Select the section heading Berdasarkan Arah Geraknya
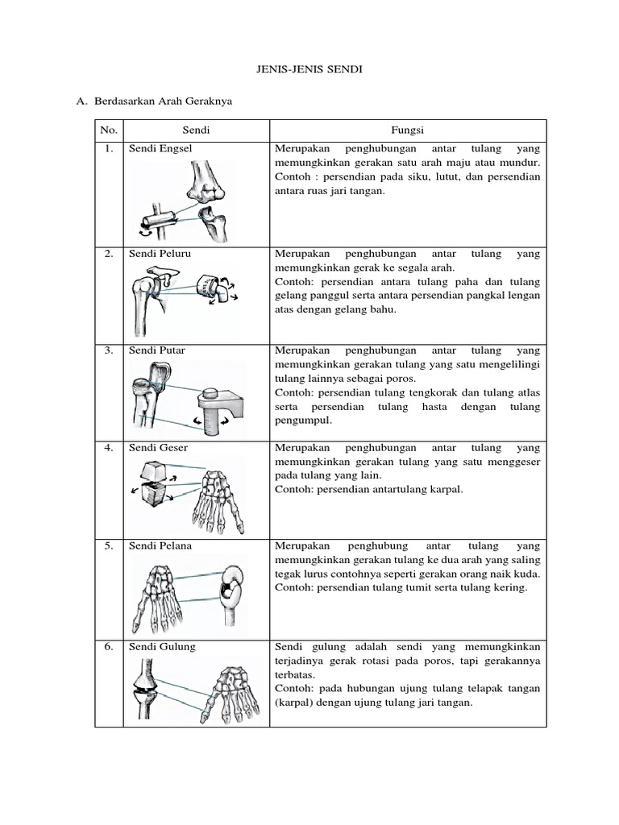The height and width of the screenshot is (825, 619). pos(163,102)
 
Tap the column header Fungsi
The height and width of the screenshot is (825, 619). pos(408,130)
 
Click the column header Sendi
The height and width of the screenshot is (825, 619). pos(196,130)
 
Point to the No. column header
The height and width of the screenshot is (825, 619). pos(109,130)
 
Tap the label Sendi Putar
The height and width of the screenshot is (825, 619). pos(157,350)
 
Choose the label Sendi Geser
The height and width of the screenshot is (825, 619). pos(158,447)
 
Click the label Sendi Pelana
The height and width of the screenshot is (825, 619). pos(160,545)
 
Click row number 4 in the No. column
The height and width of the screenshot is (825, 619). pos(109,447)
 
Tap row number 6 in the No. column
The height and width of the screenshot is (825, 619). pos(109,646)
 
